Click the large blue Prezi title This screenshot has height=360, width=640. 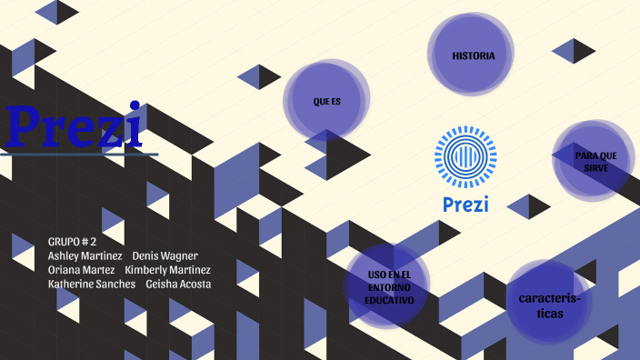pos(75,126)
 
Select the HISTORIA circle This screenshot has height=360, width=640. pos(473,55)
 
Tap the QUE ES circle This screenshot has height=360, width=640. pos(326,100)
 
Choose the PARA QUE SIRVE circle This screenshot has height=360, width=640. pos(595,161)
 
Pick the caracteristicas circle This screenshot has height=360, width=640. pos(548,304)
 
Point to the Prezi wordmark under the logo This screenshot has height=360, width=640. pos(465,204)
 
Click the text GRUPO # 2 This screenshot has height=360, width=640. pos(72,241)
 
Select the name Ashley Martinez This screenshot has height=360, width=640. pos(85,255)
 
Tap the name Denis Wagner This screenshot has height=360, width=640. pos(165,255)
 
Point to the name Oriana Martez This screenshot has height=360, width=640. pos(82,270)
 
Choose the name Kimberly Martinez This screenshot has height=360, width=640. pos(168,270)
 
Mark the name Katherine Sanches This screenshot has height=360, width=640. pos(92,285)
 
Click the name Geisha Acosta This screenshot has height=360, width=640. pos(178,285)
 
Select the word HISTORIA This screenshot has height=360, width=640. pos(474,56)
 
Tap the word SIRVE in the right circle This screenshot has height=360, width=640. pos(596,168)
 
